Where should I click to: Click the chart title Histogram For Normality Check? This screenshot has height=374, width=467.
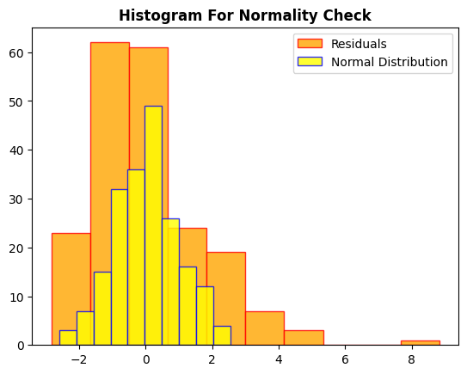pyautogui.click(x=245, y=15)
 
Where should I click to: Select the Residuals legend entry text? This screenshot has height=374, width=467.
pyautogui.click(x=359, y=44)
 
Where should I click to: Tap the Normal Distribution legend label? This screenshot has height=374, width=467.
pyautogui.click(x=389, y=62)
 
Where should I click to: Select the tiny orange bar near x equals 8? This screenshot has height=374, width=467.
pyautogui.click(x=420, y=342)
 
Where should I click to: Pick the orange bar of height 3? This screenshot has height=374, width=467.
pyautogui.click(x=304, y=338)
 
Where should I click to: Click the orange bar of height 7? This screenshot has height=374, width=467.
pyautogui.click(x=265, y=328)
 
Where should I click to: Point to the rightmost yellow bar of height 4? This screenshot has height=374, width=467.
pyautogui.click(x=222, y=335)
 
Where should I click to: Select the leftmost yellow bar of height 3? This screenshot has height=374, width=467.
pyautogui.click(x=68, y=338)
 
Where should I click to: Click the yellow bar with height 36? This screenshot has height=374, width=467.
pyautogui.click(x=136, y=257)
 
